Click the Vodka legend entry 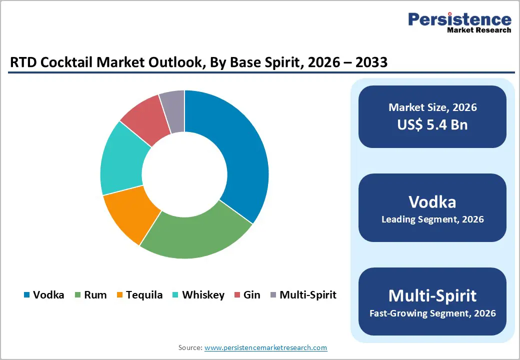(48, 295)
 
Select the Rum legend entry (95, 295)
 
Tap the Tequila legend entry (144, 295)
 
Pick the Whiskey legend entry (203, 295)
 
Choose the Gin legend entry (251, 295)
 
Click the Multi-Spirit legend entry (307, 295)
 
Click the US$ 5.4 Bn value (432, 124)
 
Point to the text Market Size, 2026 (432, 107)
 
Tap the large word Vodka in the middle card (432, 201)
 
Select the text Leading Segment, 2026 (432, 219)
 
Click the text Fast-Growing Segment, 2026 (432, 313)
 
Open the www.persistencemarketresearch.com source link (265, 347)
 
